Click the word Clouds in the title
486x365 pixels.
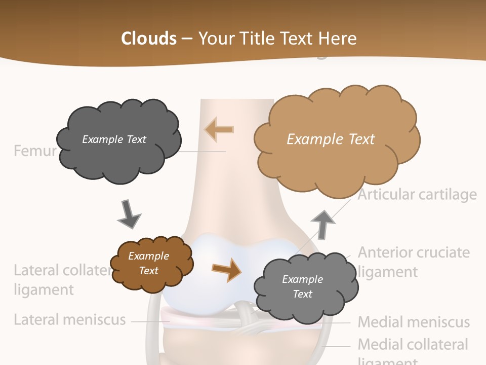point(148,39)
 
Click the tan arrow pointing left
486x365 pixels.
point(219,129)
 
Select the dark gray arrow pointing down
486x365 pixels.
point(129,214)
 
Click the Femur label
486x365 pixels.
point(35,151)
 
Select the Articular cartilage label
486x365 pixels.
point(417,195)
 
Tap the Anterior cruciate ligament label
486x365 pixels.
point(413,262)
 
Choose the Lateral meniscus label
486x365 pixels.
point(69,320)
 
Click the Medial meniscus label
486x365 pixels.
point(414,322)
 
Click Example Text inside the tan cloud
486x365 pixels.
point(331,139)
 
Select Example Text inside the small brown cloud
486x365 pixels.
point(148,263)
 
